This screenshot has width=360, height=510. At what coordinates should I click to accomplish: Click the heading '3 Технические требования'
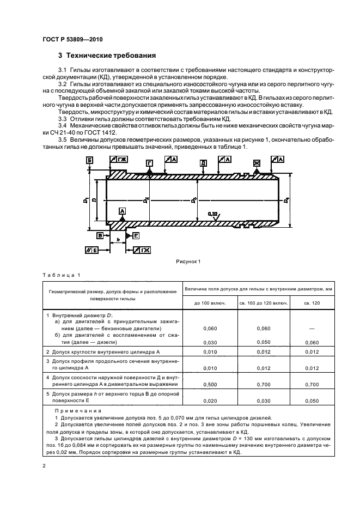coord(107,56)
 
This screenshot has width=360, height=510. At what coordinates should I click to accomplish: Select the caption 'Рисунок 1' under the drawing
coord(188,260)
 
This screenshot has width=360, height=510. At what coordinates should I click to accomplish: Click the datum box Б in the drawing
coord(90,160)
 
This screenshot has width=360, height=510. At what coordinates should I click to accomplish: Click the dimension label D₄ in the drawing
coord(286,201)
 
